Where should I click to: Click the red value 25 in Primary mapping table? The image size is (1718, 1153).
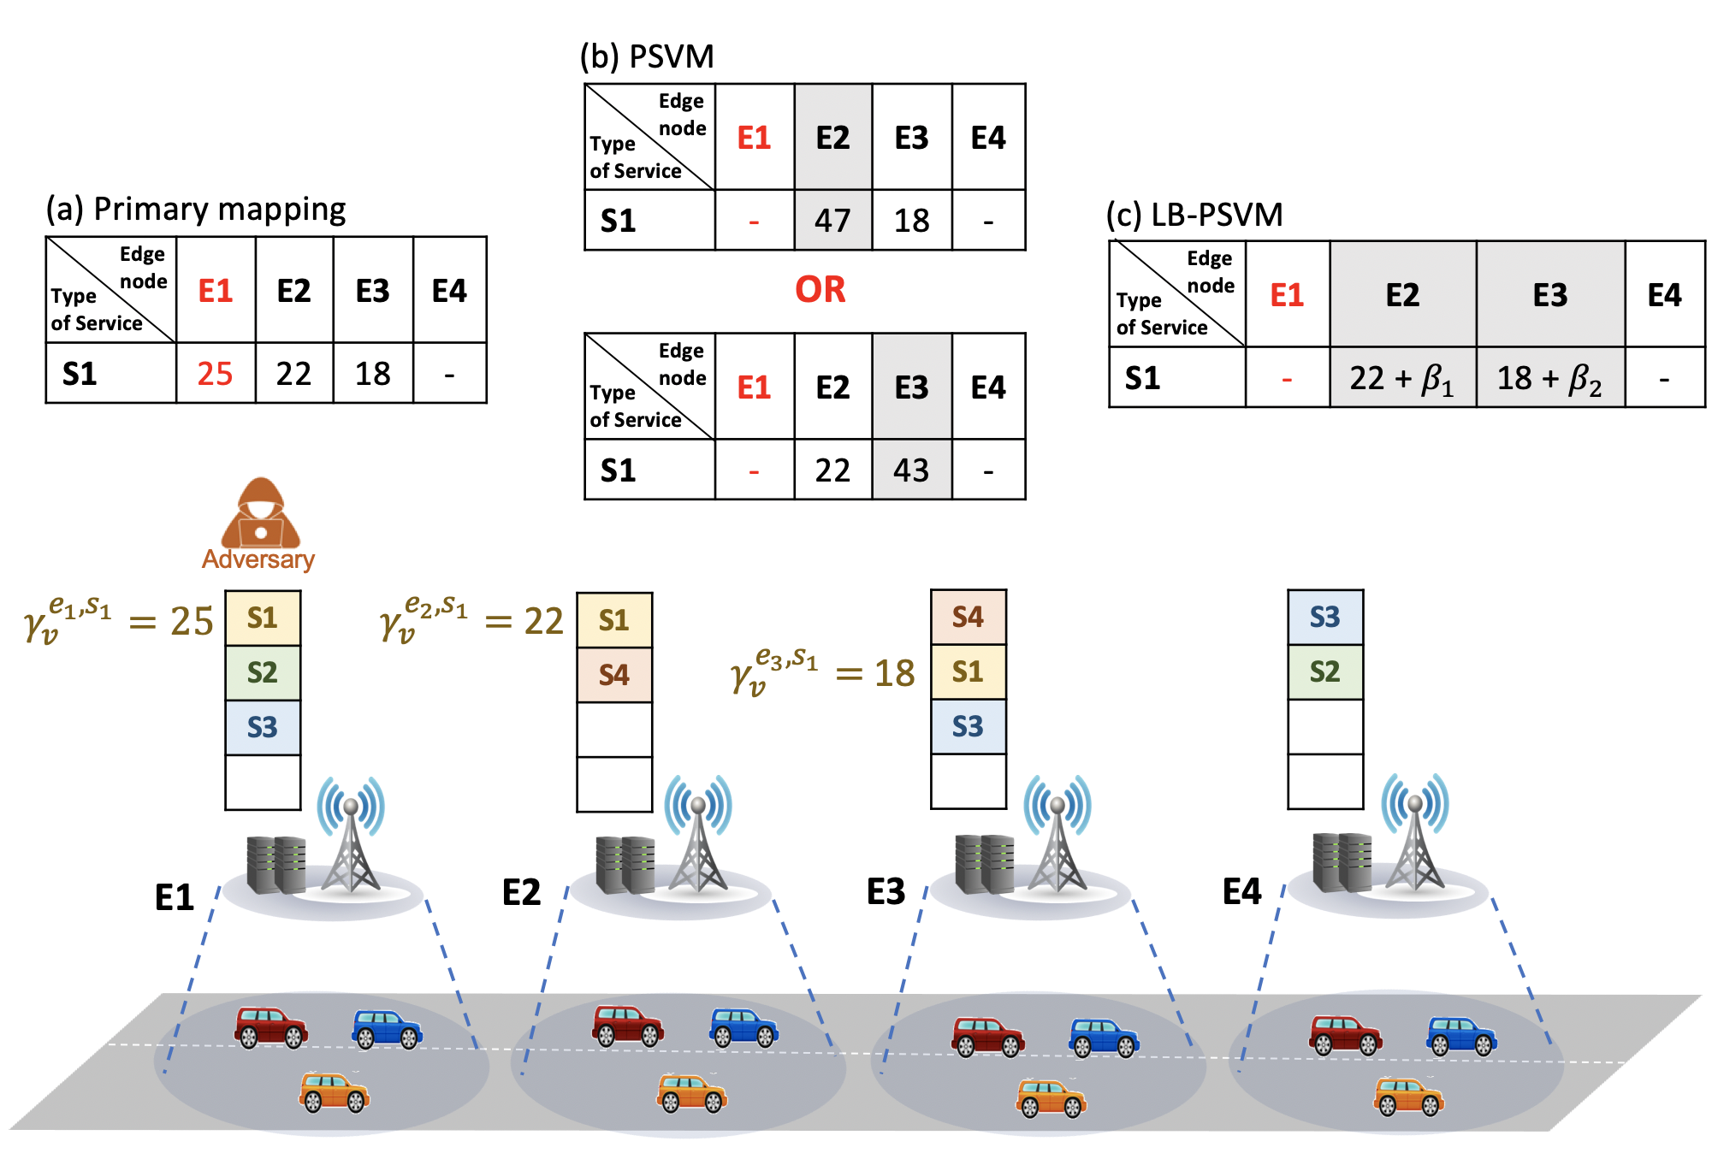coord(215,374)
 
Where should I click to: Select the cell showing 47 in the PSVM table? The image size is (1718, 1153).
coord(833,221)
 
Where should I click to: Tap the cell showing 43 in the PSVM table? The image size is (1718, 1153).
coord(912,470)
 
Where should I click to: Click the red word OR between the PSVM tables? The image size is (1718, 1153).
coord(820,290)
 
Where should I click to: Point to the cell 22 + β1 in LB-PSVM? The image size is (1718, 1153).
coord(1403,378)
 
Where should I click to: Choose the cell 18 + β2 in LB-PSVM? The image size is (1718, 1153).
coord(1550,378)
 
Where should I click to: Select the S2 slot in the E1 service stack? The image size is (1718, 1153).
coord(263,672)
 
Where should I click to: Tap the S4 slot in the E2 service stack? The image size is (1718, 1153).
coord(614,675)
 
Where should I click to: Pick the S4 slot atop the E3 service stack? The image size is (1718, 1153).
coord(969,617)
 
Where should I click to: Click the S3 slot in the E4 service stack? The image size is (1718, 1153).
coord(1325,617)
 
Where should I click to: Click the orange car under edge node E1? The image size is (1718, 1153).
coord(334,1092)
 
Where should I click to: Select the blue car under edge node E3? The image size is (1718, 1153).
coord(1104,1038)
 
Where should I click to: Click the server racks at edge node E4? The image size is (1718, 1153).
coord(1342,862)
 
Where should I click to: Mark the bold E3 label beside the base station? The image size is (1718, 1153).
coord(886,891)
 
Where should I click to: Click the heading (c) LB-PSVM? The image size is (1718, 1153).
coord(1194,215)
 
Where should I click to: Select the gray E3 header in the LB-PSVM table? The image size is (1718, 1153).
coord(1550,295)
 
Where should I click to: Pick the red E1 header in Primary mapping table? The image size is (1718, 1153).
coord(216,291)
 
